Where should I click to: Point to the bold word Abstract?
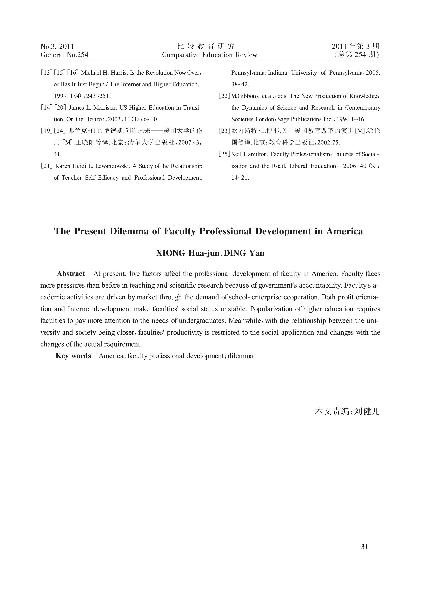[71, 274]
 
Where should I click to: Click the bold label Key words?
[73, 356]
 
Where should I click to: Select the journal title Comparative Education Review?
[209, 55]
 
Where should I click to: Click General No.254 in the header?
[64, 55]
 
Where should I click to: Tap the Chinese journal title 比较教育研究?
[206, 46]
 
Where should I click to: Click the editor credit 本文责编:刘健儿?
[347, 412]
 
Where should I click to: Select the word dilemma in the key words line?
[240, 356]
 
